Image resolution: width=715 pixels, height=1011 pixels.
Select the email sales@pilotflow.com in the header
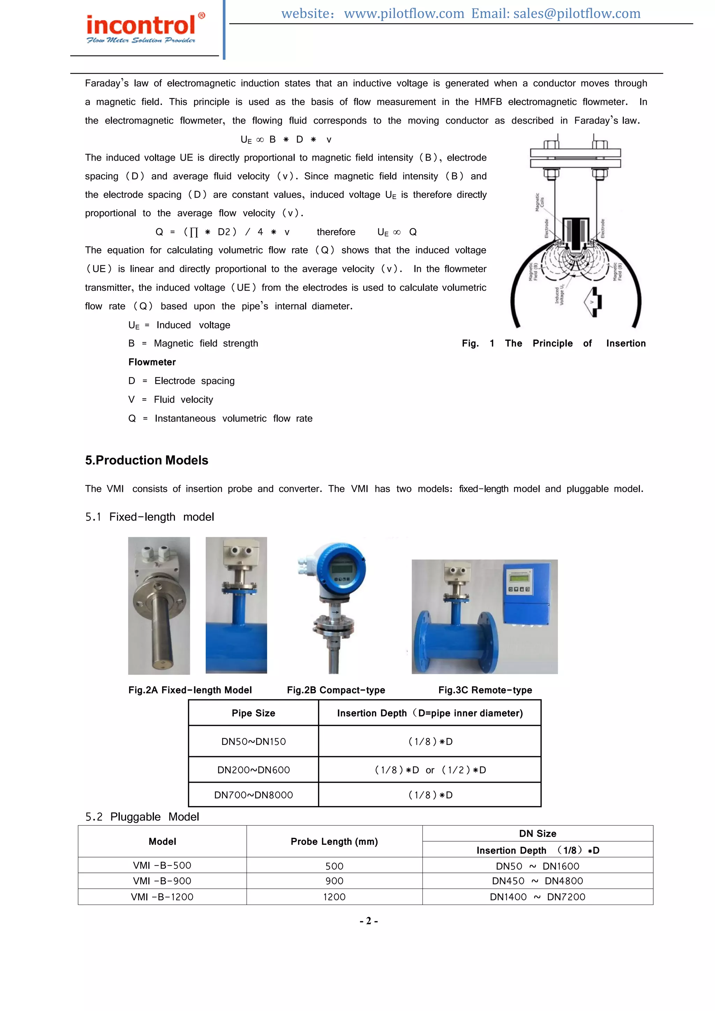[x=577, y=14]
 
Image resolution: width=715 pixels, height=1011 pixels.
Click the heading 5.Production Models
[x=147, y=460]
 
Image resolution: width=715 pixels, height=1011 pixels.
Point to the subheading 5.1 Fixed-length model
[x=150, y=517]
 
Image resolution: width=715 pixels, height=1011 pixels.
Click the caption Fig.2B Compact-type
[x=336, y=690]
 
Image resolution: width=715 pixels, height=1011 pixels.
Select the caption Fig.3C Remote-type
[x=485, y=690]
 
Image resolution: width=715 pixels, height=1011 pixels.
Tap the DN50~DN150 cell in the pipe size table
[x=253, y=741]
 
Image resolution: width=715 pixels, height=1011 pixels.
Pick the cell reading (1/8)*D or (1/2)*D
[x=430, y=770]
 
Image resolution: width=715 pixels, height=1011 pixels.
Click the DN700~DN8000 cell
[x=253, y=795]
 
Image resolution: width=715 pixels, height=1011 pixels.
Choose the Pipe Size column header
[x=253, y=713]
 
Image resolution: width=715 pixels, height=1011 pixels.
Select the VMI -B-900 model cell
[x=162, y=881]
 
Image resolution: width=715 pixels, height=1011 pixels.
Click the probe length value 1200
[x=334, y=897]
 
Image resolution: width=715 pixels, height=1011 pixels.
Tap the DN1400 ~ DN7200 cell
[x=538, y=897]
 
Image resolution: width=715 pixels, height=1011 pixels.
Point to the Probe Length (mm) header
[x=334, y=841]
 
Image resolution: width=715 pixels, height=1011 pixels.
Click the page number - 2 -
[x=369, y=921]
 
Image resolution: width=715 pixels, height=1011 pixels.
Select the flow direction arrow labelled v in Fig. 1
[x=594, y=302]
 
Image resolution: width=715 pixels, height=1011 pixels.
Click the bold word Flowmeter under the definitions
[x=152, y=362]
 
